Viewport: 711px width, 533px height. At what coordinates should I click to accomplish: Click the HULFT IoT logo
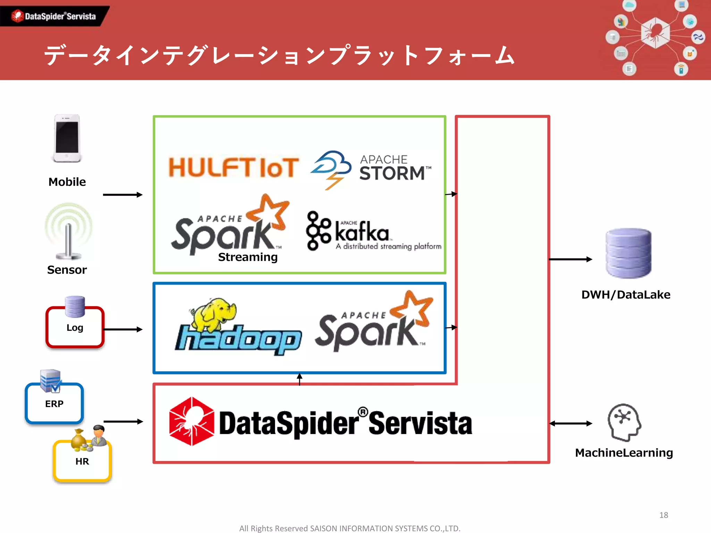(233, 167)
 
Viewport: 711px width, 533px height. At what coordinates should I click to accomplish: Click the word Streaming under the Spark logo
(248, 257)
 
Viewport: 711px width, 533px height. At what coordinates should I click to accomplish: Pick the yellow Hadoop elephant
(214, 314)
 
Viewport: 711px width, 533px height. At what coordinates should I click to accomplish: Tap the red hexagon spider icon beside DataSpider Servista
(191, 421)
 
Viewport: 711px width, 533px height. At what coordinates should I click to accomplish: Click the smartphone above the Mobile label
(67, 138)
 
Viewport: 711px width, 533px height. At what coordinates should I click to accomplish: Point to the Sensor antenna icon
(68, 232)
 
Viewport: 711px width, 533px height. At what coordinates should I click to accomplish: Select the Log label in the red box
(75, 328)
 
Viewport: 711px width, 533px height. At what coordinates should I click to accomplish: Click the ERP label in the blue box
(54, 404)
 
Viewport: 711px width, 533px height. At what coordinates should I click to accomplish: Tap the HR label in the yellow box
(82, 462)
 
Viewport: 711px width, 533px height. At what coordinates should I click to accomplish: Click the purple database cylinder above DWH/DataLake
(628, 253)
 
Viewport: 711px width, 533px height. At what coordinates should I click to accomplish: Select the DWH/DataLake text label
(626, 295)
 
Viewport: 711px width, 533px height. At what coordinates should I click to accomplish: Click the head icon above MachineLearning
(624, 422)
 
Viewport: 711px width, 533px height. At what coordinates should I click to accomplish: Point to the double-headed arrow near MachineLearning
(571, 423)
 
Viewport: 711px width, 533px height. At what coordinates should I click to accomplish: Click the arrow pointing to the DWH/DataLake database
(570, 259)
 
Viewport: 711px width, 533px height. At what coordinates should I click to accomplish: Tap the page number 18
(663, 515)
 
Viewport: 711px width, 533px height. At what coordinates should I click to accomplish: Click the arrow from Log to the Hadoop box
(123, 329)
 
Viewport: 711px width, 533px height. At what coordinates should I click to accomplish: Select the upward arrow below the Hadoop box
(300, 379)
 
